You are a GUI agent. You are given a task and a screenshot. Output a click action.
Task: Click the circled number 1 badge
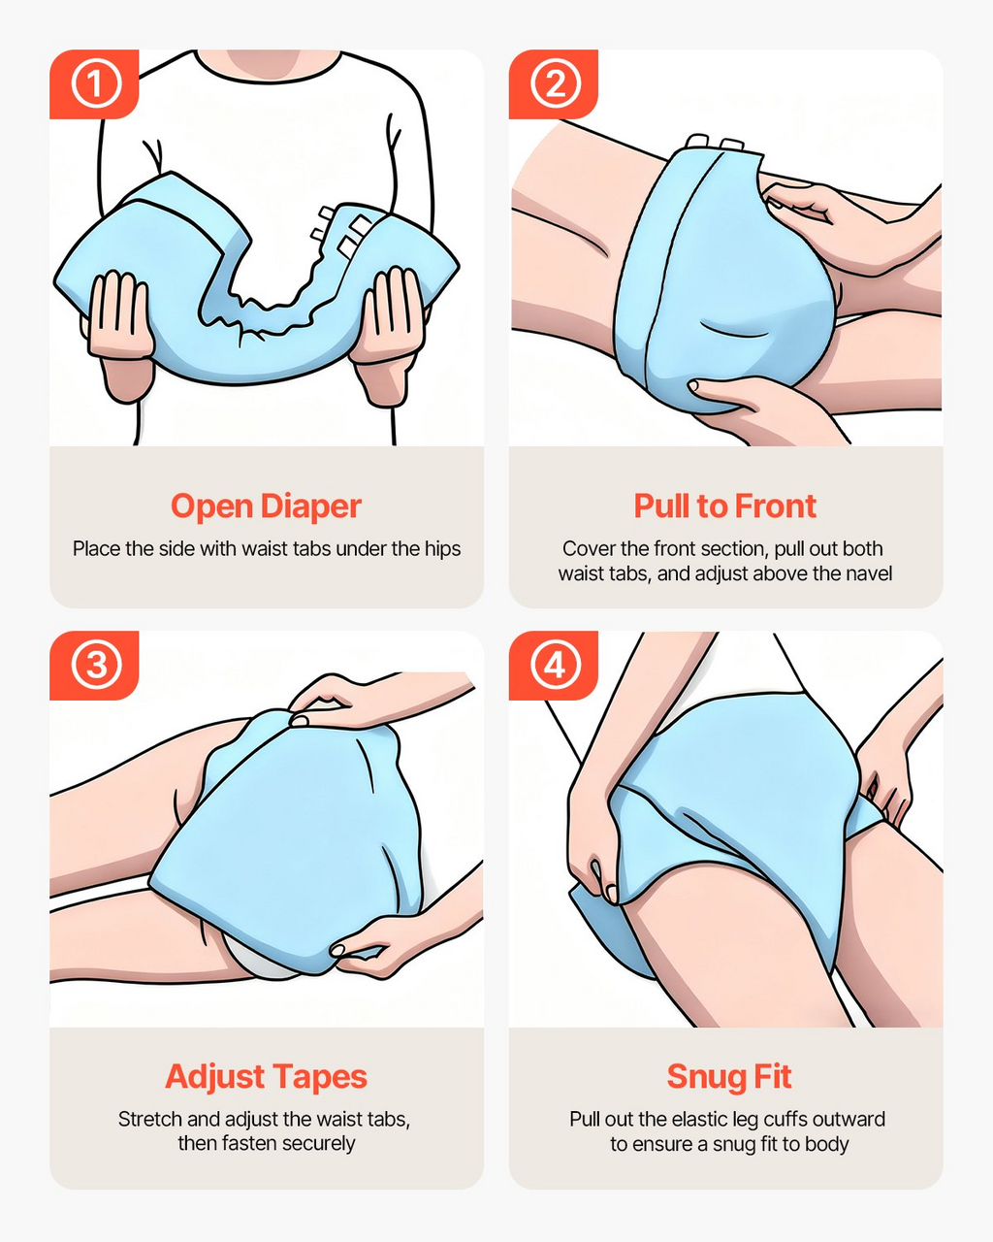click(x=96, y=84)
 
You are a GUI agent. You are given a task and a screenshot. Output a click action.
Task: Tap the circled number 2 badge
click(x=556, y=84)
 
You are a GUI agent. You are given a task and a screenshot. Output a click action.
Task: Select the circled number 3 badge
click(x=96, y=666)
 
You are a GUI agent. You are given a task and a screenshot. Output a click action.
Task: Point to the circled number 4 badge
click(x=556, y=666)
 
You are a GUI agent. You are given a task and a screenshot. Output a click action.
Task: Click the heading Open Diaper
click(x=266, y=507)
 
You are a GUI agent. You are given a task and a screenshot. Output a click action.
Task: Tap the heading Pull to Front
click(x=725, y=507)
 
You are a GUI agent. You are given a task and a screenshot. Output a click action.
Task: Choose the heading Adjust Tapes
click(x=266, y=1077)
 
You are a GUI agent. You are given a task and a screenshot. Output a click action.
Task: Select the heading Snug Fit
click(x=729, y=1077)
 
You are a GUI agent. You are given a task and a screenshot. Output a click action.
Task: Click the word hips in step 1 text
click(x=443, y=549)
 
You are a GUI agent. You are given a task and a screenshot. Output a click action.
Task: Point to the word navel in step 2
click(x=868, y=573)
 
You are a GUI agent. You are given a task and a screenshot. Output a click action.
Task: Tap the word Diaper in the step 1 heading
click(x=311, y=507)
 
